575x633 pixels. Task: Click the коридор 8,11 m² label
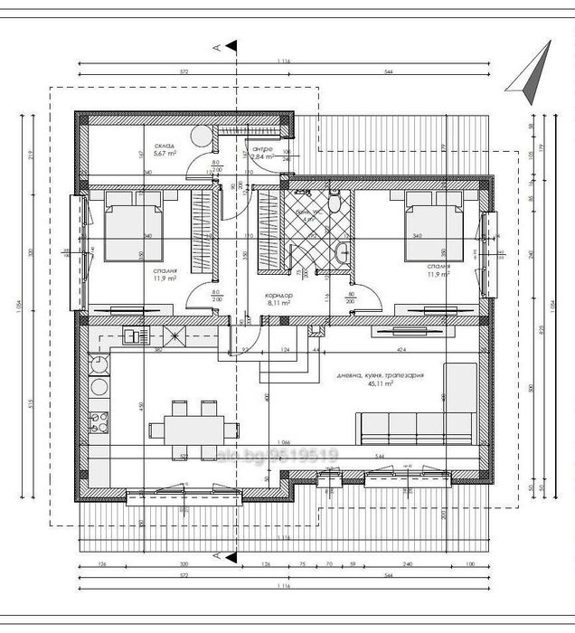click(278, 300)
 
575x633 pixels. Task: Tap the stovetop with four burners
click(98, 423)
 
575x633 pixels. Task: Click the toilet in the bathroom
click(335, 203)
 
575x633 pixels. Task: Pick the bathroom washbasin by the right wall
click(343, 254)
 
